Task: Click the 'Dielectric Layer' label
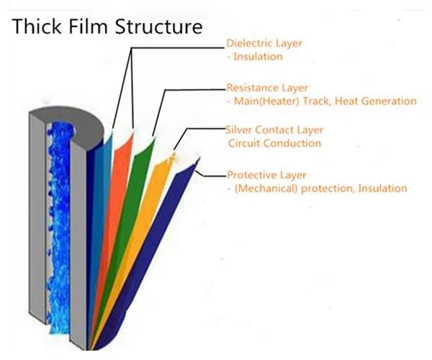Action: coord(264,43)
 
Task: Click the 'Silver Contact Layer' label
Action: coord(274,130)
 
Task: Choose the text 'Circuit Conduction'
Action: coord(274,144)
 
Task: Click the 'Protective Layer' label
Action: coord(265,175)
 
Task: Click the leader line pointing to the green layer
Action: coord(194,90)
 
